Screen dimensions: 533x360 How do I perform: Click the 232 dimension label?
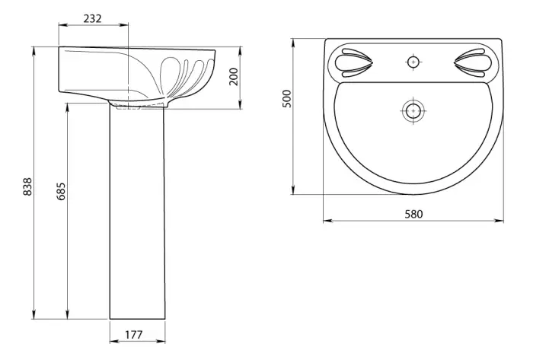click(x=92, y=18)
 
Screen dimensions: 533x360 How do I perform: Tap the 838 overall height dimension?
click(x=27, y=186)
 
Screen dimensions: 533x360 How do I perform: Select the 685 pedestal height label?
click(x=61, y=191)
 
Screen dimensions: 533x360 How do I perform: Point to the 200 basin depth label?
click(x=234, y=76)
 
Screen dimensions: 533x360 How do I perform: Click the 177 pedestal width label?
click(x=134, y=335)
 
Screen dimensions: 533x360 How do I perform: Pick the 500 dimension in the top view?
click(x=287, y=98)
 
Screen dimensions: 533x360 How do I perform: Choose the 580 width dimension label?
click(x=413, y=214)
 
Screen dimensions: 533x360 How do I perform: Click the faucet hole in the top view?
click(x=413, y=62)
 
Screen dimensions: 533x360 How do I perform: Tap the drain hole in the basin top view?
click(x=413, y=110)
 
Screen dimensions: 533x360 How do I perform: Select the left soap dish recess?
click(x=354, y=63)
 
